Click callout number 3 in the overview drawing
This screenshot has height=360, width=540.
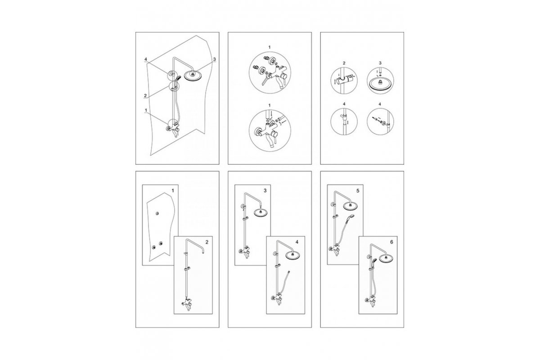click(x=215, y=59)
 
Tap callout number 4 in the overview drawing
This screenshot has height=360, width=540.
click(x=146, y=59)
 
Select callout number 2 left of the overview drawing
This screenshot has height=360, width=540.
click(x=145, y=96)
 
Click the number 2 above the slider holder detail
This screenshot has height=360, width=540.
click(x=344, y=63)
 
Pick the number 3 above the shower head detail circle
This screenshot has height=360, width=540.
click(x=380, y=63)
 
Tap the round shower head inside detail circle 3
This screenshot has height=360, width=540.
click(x=380, y=85)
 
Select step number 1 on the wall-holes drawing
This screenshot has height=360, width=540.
click(x=173, y=191)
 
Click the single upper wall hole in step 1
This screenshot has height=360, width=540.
click(x=157, y=213)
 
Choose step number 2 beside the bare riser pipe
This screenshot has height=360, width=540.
click(x=207, y=242)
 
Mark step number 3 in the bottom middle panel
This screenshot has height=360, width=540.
click(x=265, y=191)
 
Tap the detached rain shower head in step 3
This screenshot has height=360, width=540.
click(x=261, y=212)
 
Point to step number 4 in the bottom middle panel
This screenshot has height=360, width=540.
click(x=297, y=242)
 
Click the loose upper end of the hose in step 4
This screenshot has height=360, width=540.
click(x=289, y=272)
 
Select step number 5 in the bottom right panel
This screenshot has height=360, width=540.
click(x=358, y=191)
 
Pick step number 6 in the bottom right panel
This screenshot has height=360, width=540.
click(x=391, y=242)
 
